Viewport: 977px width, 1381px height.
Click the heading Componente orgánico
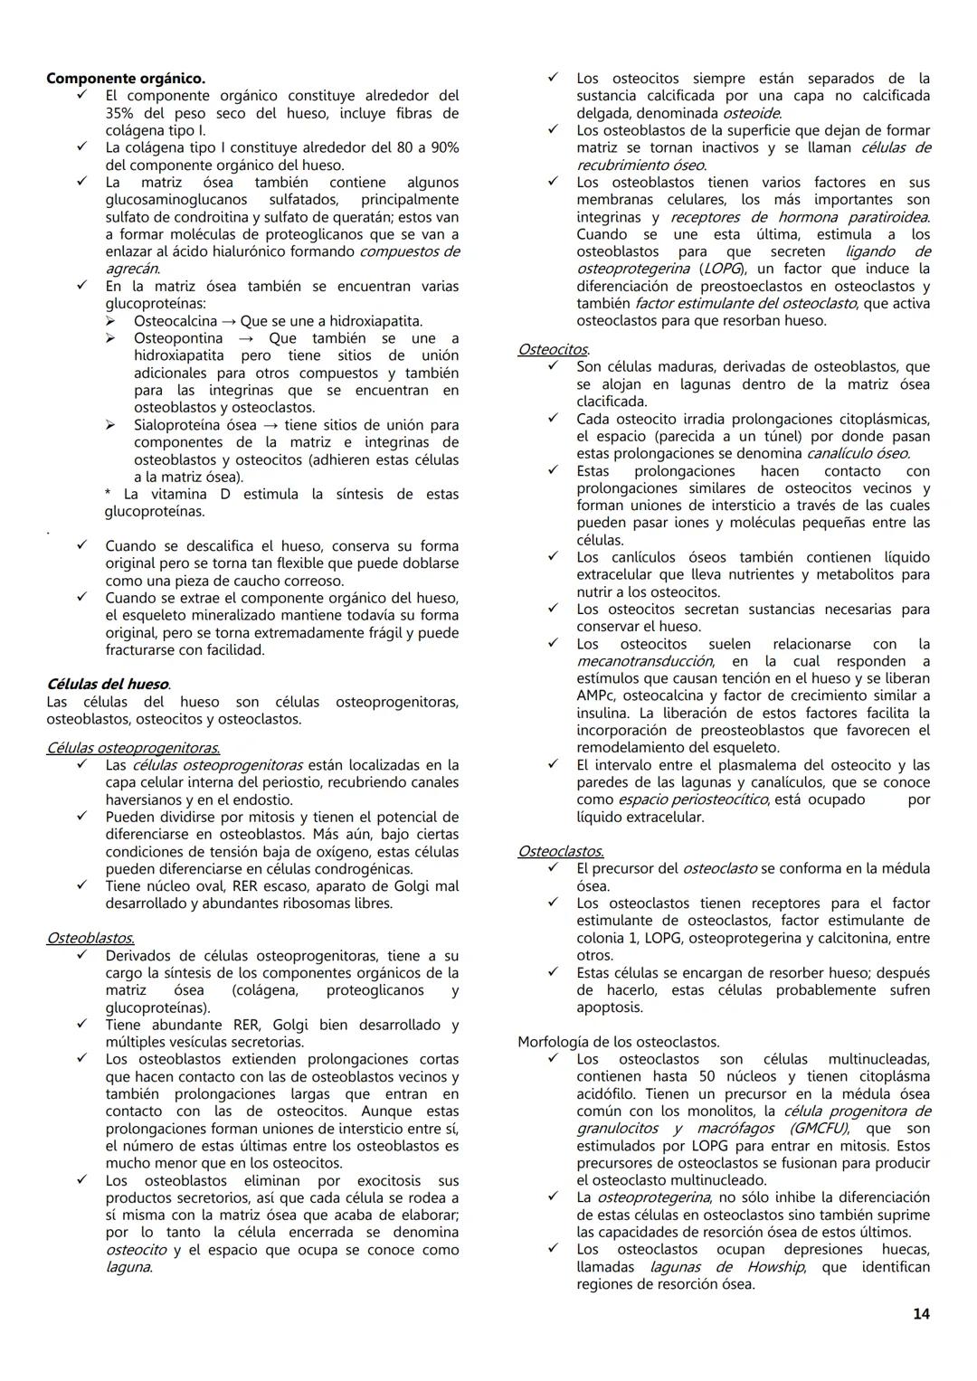point(126,79)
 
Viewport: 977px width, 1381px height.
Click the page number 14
point(921,1314)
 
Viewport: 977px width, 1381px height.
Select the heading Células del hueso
point(108,685)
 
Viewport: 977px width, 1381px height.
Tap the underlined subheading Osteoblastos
point(90,939)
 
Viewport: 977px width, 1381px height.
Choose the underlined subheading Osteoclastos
point(561,851)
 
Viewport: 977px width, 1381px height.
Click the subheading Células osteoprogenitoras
point(133,748)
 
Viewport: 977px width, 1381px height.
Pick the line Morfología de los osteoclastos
point(619,1042)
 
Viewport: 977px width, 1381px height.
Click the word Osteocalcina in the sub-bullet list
point(175,321)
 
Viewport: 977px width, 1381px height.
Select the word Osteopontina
point(178,338)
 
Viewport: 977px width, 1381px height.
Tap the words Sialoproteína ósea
point(194,425)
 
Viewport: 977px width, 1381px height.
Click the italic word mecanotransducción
point(644,661)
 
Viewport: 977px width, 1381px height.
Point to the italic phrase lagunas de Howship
point(726,1267)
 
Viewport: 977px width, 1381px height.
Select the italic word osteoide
point(751,113)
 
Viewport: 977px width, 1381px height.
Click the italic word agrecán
point(132,269)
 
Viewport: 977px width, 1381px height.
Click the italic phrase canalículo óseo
point(858,454)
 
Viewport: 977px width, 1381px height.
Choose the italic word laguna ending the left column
point(128,1267)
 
